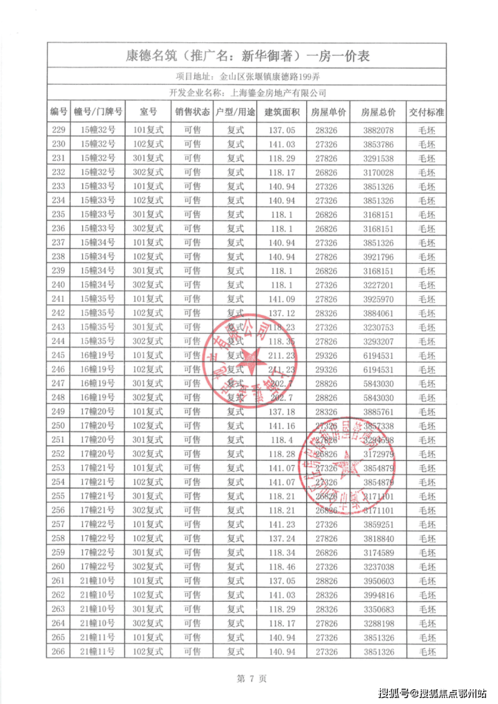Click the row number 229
[59, 130]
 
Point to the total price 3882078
[378, 130]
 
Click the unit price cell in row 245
[330, 355]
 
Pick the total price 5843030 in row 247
[378, 384]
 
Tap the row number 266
[59, 651]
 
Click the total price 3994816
[378, 594]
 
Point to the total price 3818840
[378, 538]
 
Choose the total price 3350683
[378, 608]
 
